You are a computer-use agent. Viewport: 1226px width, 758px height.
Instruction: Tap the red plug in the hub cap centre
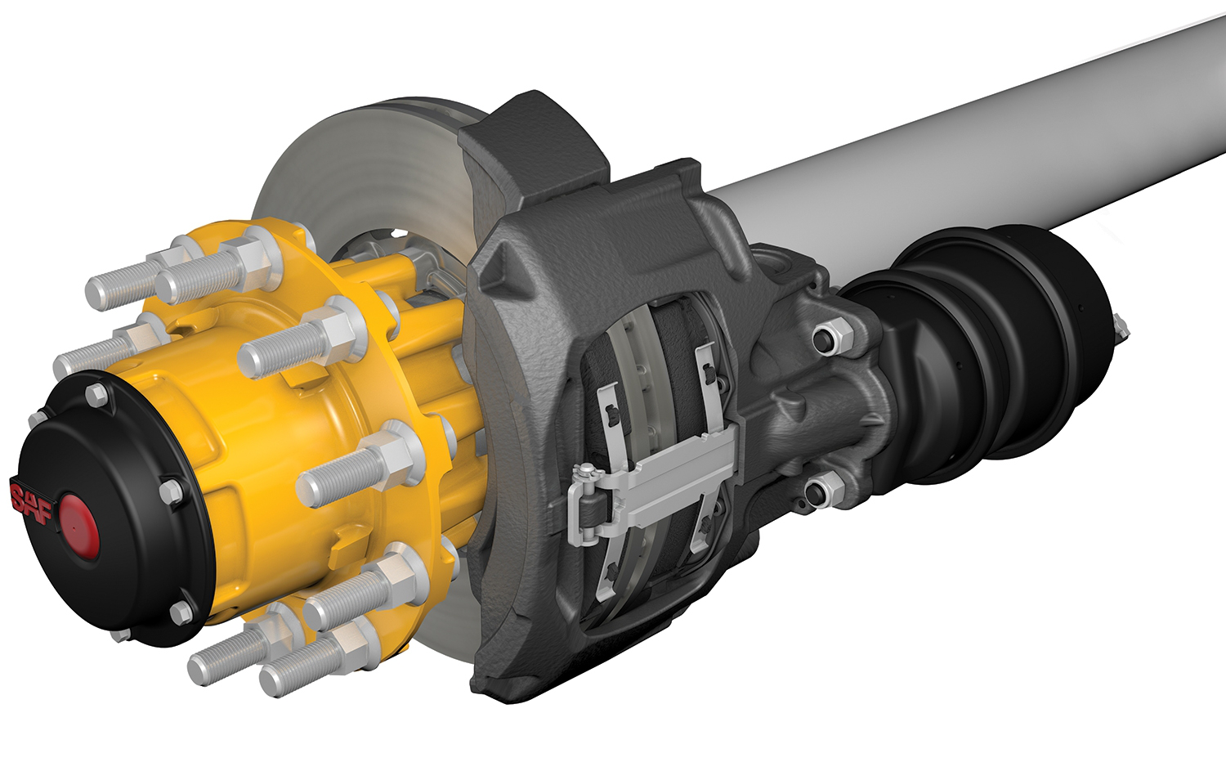pos(79,522)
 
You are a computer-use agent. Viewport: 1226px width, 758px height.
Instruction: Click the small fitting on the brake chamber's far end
pos(1121,327)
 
